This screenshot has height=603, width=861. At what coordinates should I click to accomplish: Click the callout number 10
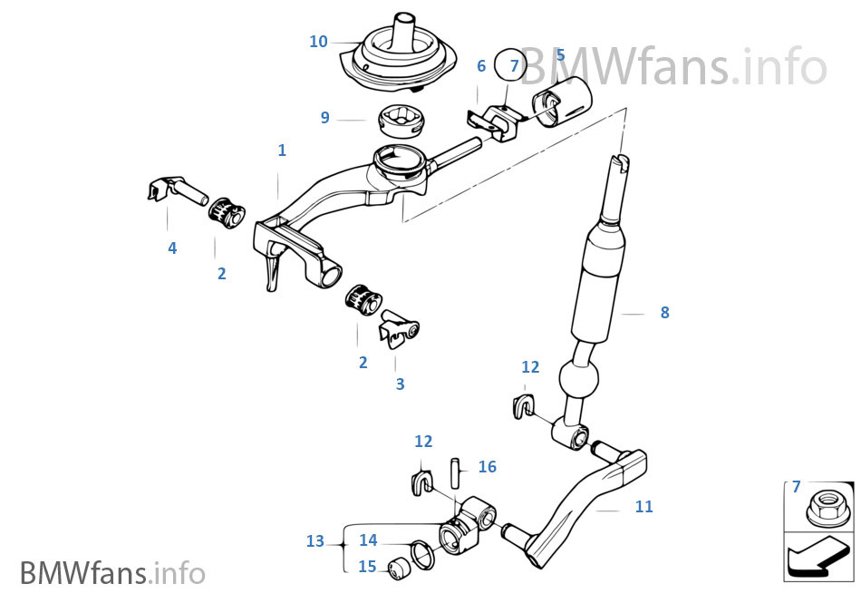coord(318,41)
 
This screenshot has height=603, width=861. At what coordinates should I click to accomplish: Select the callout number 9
coord(325,118)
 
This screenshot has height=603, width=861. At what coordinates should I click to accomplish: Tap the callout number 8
coord(665,313)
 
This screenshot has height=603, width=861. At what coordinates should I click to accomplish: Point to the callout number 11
coord(644,506)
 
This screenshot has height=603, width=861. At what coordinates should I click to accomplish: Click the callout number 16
coord(487,467)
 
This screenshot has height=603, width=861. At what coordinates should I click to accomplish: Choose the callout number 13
coord(315,541)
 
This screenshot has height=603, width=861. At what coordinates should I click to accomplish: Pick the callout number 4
coord(172,248)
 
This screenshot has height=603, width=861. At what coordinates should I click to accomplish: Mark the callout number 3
coord(401,384)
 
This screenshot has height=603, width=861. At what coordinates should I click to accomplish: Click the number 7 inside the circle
coord(515,66)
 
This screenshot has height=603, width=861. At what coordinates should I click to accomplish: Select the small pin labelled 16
coord(455,472)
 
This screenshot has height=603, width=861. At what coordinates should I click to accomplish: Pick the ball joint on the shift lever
coord(577,377)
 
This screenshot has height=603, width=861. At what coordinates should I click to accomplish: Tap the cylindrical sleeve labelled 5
coord(561,102)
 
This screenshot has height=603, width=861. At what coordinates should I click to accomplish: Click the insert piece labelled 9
coord(401,121)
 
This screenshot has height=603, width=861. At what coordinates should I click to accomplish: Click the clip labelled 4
coord(177,190)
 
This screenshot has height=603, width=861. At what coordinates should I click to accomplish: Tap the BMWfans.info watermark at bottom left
coord(112,573)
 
